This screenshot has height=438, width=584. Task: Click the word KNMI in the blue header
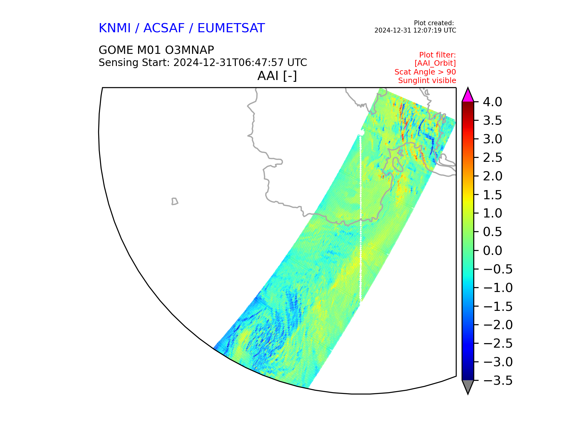[x=115, y=28]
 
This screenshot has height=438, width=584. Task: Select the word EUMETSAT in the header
[x=231, y=28]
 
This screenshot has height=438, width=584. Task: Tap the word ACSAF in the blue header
[x=164, y=28]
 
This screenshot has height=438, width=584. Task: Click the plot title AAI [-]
[x=277, y=76]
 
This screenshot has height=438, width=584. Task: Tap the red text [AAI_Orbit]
[x=435, y=63]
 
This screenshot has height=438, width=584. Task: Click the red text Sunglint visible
[x=427, y=81]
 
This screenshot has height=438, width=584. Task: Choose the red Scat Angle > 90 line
[x=425, y=72]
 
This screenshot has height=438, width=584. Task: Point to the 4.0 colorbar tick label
[x=492, y=102]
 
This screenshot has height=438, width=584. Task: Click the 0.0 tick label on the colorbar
[x=492, y=251]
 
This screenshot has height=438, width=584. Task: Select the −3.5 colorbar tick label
[x=498, y=381]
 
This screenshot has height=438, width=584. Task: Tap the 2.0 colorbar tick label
[x=492, y=176]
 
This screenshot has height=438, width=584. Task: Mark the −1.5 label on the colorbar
[x=498, y=306]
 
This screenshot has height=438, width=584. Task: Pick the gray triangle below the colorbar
[x=468, y=386]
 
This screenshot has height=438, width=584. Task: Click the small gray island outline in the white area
[x=175, y=201]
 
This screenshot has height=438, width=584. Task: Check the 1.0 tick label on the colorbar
[x=492, y=213]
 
